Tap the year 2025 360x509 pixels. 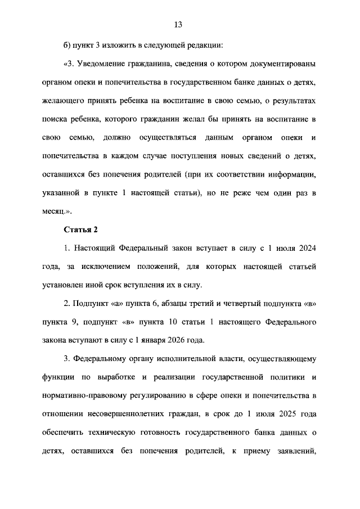click(285, 413)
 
